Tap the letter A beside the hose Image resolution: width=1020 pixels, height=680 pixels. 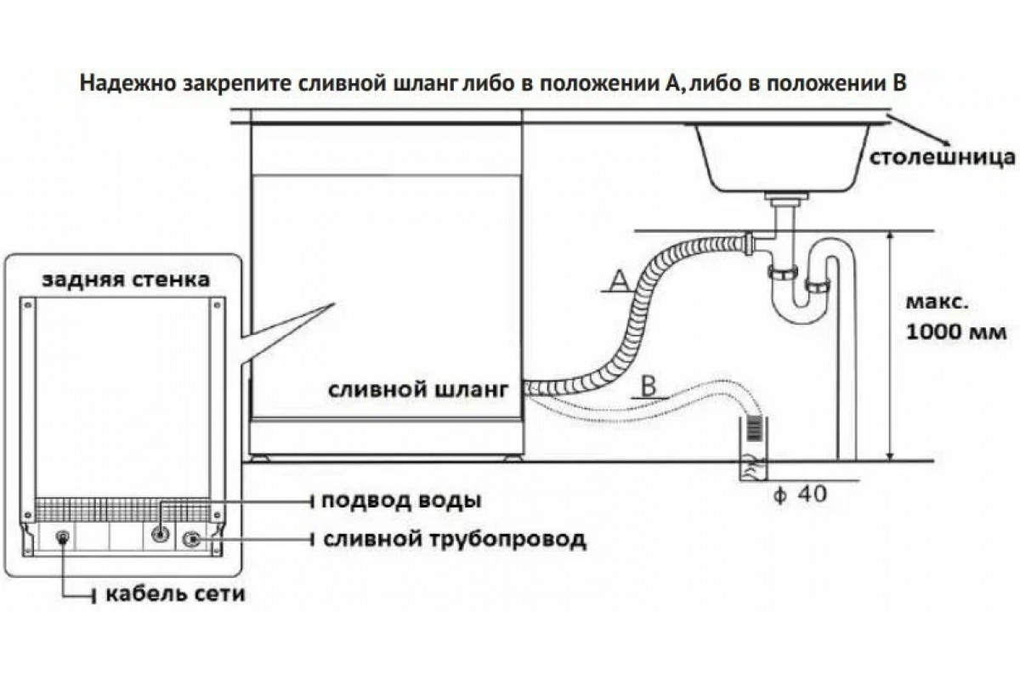[x=619, y=278]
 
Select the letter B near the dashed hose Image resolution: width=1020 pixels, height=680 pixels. [x=648, y=384]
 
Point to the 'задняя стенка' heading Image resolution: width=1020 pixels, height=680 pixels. [x=125, y=279]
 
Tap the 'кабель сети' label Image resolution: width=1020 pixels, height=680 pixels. [x=174, y=593]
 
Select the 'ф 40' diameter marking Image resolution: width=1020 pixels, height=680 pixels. [x=797, y=492]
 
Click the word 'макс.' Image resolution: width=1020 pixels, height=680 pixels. [x=935, y=303]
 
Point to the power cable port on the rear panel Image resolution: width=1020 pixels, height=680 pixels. [x=62, y=536]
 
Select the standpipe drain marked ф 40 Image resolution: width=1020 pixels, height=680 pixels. [x=752, y=446]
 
